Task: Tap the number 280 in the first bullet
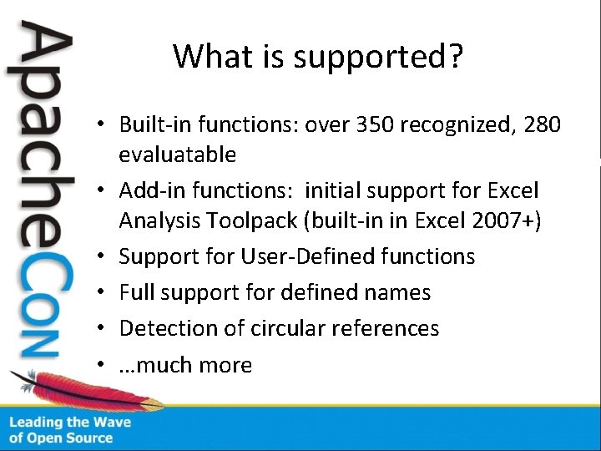[x=543, y=125]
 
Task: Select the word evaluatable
[x=177, y=155]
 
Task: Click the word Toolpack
[x=251, y=220]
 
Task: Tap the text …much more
[x=185, y=365]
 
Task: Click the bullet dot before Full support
[x=98, y=293]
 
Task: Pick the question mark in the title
[x=456, y=57]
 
